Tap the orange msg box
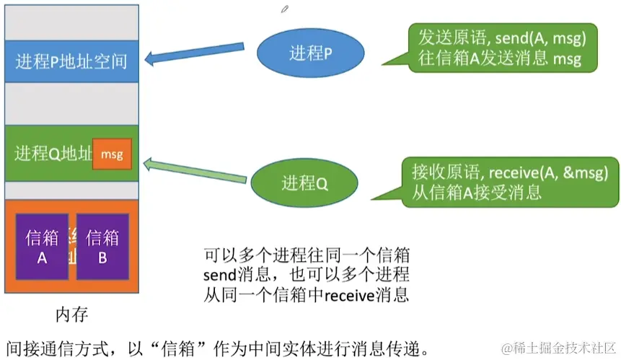coord(112,154)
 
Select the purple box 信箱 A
coord(42,246)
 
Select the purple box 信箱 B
coord(102,246)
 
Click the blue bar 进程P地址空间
coord(71,60)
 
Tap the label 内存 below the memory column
coord(72,315)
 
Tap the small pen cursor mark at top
coord(285,9)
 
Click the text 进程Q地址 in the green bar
coord(53,154)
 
